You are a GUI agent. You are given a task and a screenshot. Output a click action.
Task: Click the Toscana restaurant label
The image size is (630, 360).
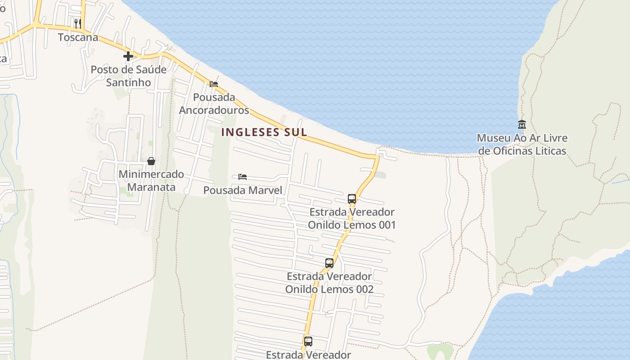(x=78, y=37)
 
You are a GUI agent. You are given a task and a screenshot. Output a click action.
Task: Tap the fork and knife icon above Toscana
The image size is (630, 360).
(x=78, y=23)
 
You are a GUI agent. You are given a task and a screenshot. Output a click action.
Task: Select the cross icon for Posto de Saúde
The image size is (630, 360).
(x=128, y=56)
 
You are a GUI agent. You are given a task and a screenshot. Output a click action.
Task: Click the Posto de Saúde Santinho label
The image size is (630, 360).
(x=129, y=76)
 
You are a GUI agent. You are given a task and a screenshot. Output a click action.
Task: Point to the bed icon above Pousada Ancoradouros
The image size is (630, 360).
(x=214, y=84)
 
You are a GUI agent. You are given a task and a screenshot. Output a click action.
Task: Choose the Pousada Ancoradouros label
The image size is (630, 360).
(x=214, y=103)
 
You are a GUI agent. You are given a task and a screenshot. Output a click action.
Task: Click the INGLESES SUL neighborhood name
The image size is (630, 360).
(x=264, y=132)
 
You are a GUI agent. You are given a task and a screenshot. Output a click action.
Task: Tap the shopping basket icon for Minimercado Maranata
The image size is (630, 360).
(x=151, y=161)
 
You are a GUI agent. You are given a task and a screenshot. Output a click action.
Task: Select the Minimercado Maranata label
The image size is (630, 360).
(x=151, y=180)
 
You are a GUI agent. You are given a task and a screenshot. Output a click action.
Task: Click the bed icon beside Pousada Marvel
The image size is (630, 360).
(x=243, y=177)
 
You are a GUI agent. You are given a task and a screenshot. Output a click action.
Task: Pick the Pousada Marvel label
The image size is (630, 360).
(x=243, y=190)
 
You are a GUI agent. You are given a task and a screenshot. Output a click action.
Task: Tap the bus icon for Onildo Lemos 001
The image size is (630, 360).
(x=352, y=199)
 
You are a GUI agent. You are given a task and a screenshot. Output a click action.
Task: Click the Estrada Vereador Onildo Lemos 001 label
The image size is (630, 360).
(x=352, y=218)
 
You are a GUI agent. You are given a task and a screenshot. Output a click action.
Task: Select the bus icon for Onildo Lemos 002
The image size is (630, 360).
(x=329, y=263)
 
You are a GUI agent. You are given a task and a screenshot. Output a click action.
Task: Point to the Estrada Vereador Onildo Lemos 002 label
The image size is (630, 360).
(x=329, y=283)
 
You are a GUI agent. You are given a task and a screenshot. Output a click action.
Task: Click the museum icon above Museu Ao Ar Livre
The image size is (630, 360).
(x=522, y=124)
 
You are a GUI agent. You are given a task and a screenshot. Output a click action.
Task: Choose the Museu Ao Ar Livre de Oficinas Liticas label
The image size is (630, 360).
(x=522, y=144)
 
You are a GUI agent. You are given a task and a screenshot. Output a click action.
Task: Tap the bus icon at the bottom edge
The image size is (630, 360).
(x=308, y=342)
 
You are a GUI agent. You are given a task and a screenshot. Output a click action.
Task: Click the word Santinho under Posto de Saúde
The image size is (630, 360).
(x=129, y=82)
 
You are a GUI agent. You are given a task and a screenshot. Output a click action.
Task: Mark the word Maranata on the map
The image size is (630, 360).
(x=151, y=187)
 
